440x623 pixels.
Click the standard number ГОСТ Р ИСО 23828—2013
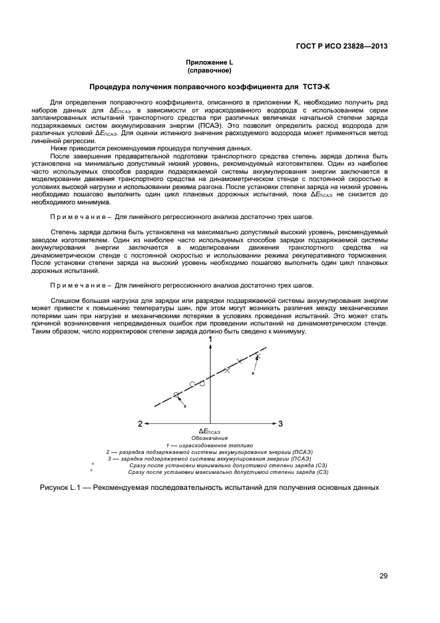(341, 47)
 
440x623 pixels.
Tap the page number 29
(383, 576)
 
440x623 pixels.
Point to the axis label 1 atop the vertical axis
(210, 340)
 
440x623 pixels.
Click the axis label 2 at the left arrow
(140, 423)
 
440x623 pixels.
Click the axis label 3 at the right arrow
(280, 423)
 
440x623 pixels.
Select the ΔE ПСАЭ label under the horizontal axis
(209, 431)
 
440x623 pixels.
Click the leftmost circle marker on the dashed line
(176, 395)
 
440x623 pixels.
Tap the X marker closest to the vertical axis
(227, 370)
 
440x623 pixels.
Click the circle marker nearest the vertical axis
(202, 383)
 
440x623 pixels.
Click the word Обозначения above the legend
(209, 439)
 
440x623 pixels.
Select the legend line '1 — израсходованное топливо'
(209, 445)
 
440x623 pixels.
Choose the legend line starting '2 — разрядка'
(209, 452)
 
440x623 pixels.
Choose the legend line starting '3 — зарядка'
(209, 459)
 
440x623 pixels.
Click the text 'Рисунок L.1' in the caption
(60, 488)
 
